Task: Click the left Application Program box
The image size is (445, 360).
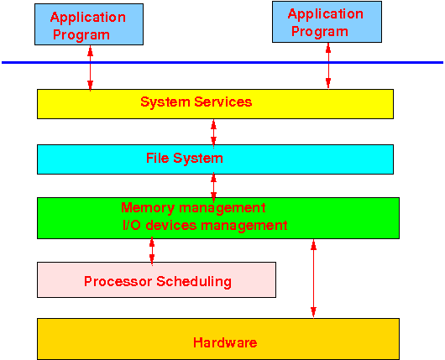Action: point(89,24)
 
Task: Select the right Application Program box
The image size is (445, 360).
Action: point(327,22)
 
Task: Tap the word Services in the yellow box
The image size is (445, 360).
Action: point(223,102)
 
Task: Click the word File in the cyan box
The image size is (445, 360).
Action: point(158,158)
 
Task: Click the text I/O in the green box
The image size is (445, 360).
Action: point(131,225)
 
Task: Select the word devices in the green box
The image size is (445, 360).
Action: point(171,225)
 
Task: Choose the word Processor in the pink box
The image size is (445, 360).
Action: point(118,281)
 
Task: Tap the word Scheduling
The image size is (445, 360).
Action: point(194,282)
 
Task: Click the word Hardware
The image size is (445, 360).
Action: point(225,342)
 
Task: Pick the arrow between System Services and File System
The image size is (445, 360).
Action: point(214,133)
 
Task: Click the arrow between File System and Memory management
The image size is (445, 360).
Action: point(214,187)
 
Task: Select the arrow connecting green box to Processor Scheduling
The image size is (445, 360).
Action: point(152,251)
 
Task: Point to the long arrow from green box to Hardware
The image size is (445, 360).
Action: point(314,279)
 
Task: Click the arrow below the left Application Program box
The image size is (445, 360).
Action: point(90,68)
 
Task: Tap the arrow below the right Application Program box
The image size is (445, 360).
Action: point(328,66)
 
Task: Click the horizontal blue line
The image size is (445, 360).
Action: point(222,62)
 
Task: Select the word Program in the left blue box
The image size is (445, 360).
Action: point(81,35)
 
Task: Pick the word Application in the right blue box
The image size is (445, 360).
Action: point(326,14)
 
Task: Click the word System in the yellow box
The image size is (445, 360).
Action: point(165,102)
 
